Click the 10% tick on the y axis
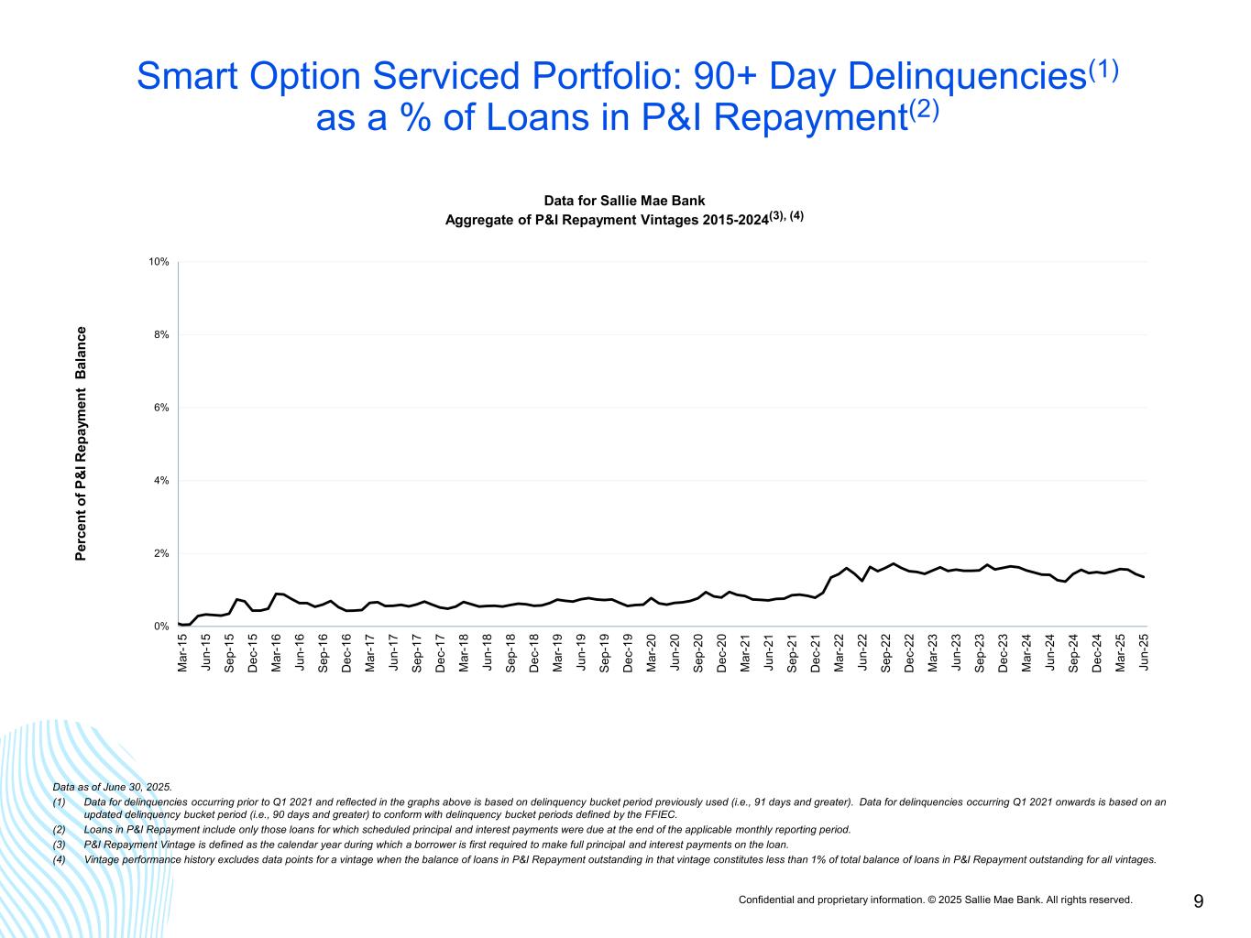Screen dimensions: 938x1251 (159, 262)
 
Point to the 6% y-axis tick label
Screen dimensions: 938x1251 (161, 408)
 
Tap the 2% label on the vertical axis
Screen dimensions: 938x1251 (161, 553)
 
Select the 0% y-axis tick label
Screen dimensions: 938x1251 (161, 627)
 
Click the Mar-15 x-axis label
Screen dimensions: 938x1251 (182, 652)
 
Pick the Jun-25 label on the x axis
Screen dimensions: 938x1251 (1144, 652)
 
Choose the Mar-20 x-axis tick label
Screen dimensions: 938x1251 (652, 652)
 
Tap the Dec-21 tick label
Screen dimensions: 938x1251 (816, 652)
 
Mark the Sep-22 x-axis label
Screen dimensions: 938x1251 (886, 652)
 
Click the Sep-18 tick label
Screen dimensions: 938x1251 (510, 652)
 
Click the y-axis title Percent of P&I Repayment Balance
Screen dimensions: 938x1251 (81, 443)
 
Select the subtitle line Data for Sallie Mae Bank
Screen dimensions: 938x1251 (624, 201)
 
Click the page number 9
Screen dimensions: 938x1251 (1199, 901)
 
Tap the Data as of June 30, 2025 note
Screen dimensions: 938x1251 (112, 787)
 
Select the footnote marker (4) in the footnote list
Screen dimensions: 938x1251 (60, 859)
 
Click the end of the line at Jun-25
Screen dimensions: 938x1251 (1144, 577)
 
